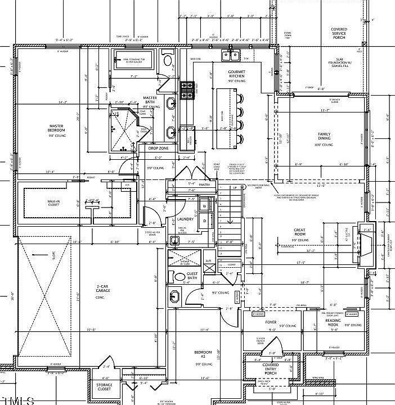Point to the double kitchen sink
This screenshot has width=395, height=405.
(x=230, y=56)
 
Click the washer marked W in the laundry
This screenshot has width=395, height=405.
(x=204, y=206)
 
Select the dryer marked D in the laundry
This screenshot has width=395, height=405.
(x=204, y=221)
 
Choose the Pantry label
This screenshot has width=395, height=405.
(x=204, y=184)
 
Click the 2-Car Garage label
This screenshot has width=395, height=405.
(x=100, y=288)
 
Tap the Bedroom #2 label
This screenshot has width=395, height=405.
(x=201, y=354)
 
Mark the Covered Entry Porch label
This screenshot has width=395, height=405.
(x=271, y=368)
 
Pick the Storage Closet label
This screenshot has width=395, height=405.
(x=104, y=388)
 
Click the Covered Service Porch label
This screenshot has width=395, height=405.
(x=339, y=33)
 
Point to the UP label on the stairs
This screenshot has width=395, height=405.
(x=235, y=188)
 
